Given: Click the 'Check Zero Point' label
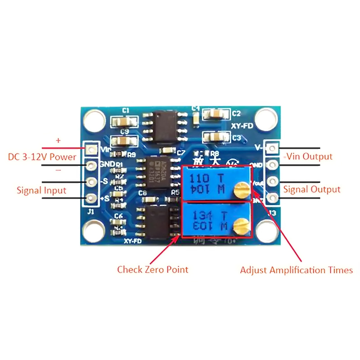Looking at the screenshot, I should click(x=153, y=270).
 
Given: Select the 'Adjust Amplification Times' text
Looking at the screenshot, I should click(x=296, y=270).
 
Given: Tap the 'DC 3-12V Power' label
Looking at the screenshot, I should click(x=42, y=157).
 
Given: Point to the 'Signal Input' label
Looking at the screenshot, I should click(x=41, y=190).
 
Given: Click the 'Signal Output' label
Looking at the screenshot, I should click(x=312, y=189).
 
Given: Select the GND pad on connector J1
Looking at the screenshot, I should click(x=92, y=165).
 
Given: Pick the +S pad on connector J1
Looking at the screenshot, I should click(x=92, y=198).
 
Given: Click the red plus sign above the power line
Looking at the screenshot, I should click(x=58, y=141).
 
